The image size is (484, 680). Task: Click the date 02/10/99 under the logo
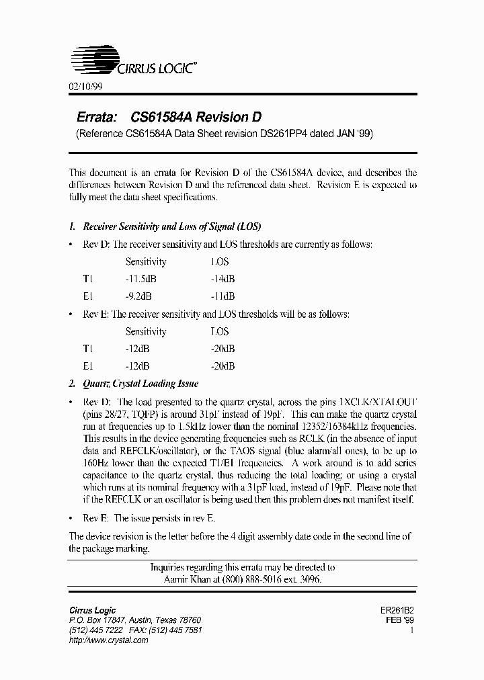pos(85,87)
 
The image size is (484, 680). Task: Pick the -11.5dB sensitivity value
pos(140,278)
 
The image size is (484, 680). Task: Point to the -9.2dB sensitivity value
pos(138,296)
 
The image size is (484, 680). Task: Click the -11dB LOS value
pos(223,296)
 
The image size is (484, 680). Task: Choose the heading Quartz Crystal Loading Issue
pos(140,384)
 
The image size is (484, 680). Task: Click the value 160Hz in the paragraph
pos(83,463)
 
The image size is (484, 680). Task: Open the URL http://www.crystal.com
pos(109,641)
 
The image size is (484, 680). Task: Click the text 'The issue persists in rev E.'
pos(165,519)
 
